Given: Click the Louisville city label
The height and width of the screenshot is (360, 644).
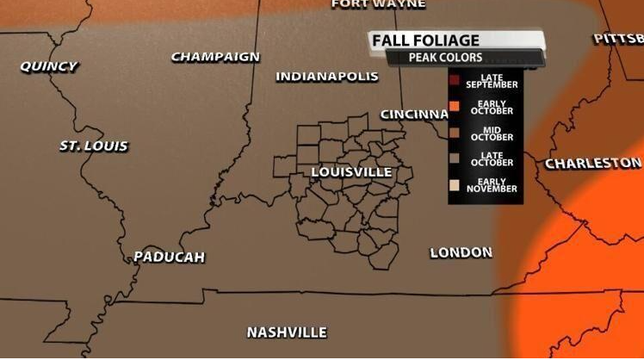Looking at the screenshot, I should [x=351, y=172].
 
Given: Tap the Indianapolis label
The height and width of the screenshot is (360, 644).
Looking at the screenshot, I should [x=327, y=77].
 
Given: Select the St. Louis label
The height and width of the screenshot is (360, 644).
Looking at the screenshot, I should [x=94, y=146].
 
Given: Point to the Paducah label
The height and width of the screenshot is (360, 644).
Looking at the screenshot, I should [x=170, y=257].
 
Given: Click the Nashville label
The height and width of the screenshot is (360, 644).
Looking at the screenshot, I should [x=287, y=332].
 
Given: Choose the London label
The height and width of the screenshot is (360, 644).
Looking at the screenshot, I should [x=461, y=252].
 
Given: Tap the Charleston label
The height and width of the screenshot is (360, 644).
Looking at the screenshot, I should [x=593, y=163].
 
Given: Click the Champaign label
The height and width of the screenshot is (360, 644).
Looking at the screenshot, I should [x=215, y=57].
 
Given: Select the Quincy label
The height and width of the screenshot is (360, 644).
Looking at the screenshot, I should [x=48, y=66].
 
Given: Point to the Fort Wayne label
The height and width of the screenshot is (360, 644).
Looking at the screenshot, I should [x=378, y=4].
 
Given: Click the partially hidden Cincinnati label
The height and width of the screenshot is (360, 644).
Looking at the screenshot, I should [x=412, y=115].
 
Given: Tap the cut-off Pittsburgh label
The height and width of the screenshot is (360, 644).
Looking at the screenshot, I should [x=618, y=39].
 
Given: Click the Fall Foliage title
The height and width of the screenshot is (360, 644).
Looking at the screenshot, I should [x=426, y=40].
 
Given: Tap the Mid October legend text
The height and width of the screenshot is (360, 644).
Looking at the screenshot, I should [x=492, y=133].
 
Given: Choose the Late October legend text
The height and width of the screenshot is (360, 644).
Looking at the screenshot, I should [x=492, y=158].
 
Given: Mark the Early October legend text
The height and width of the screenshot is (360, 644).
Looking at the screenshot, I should [x=492, y=108].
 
